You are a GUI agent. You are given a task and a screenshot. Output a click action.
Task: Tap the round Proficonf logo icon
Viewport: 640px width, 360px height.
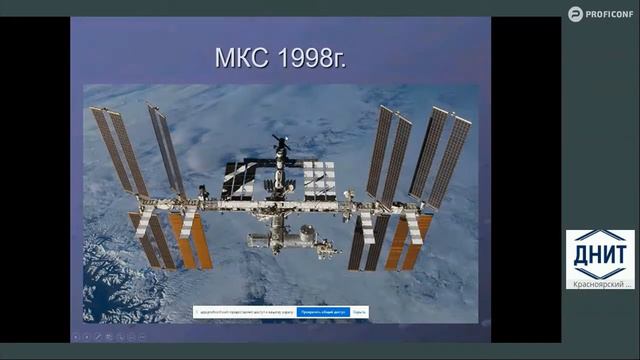(575, 13)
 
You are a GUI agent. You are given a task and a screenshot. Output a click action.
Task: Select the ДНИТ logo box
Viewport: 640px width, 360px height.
(600, 254)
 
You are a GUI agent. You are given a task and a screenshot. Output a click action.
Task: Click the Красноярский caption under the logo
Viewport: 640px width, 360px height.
(598, 284)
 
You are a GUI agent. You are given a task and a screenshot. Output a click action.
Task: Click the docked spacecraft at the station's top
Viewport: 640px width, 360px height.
(282, 145)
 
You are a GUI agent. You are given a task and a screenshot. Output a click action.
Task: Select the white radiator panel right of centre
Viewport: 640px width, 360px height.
(319, 177)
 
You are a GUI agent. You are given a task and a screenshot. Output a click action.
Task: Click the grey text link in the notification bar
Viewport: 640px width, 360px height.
(359, 312)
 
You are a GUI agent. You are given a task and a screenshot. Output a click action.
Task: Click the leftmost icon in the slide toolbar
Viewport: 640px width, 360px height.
(77, 337)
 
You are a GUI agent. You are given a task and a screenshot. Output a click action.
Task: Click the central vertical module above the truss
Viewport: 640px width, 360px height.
(281, 181)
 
